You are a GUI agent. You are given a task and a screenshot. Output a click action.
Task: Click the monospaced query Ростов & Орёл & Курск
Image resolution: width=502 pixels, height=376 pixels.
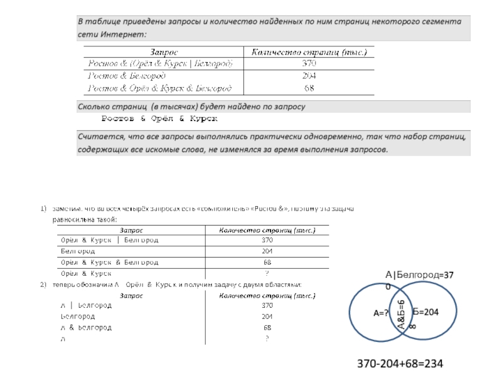(x=159, y=118)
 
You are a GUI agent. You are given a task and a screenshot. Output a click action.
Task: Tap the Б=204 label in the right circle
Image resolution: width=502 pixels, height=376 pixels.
(x=425, y=311)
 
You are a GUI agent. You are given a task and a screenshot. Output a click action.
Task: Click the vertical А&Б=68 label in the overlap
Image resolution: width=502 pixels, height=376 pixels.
(x=402, y=314)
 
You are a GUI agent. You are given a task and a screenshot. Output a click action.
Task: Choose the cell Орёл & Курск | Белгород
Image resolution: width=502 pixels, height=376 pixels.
(x=109, y=240)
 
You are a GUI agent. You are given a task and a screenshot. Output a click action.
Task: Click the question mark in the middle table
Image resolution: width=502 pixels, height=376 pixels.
(x=267, y=273)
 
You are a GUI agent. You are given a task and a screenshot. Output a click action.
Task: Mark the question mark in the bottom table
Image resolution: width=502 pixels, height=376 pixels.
(x=267, y=339)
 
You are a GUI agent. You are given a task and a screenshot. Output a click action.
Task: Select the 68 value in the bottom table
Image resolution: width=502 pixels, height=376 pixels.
(x=267, y=328)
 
